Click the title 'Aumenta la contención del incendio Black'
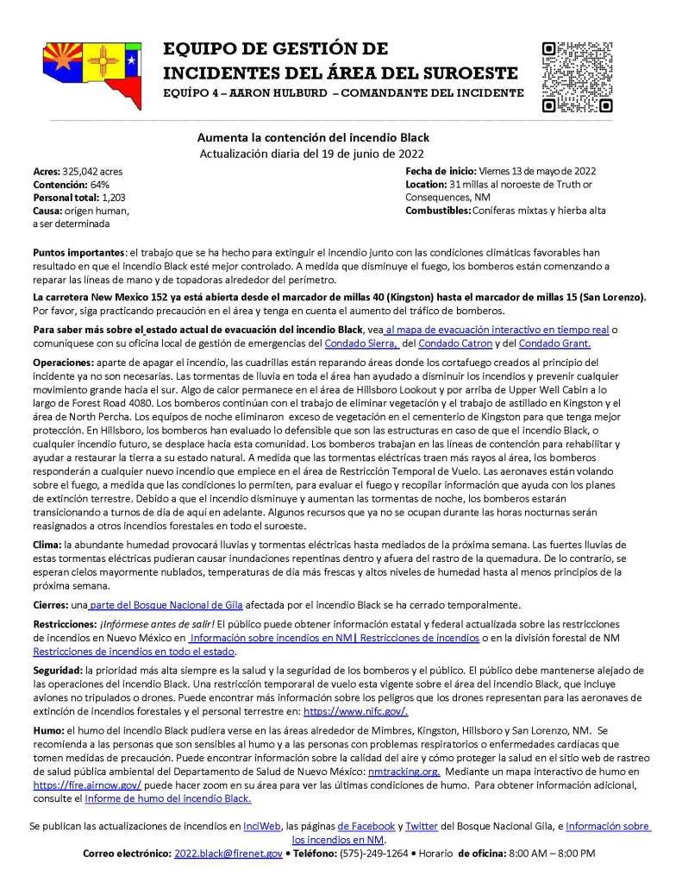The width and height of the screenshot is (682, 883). coord(313,137)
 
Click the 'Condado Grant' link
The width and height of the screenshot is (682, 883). coord(564,344)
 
